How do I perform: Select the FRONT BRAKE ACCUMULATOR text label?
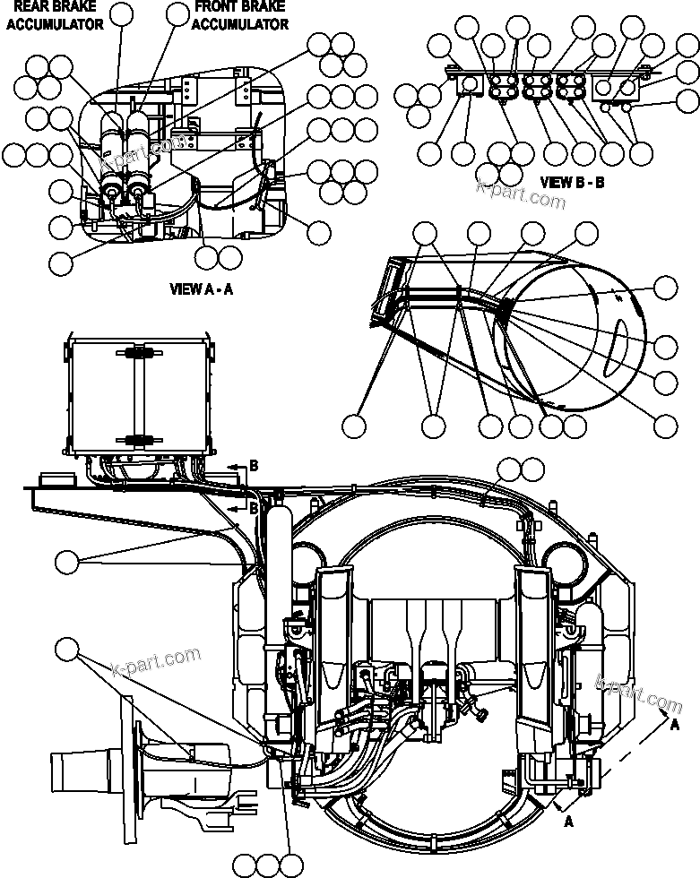coord(239,16)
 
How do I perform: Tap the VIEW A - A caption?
coord(203,289)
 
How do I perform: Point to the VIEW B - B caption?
coord(574,182)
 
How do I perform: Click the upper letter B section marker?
coord(254,466)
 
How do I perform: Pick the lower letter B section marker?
coord(254,507)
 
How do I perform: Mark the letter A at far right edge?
coord(674,726)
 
